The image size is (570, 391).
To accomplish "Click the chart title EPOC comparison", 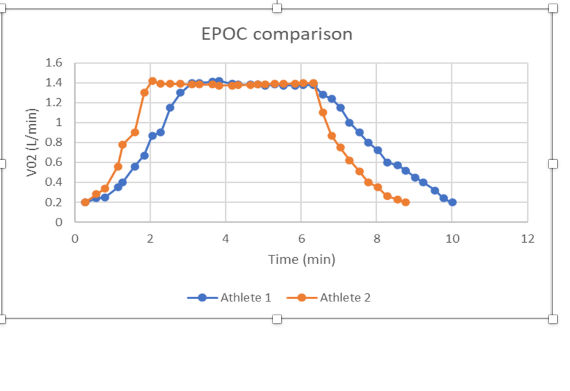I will pyautogui.click(x=277, y=34).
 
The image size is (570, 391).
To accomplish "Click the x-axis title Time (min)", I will pyautogui.click(x=302, y=259).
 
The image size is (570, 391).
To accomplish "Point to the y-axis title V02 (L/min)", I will pyautogui.click(x=32, y=142).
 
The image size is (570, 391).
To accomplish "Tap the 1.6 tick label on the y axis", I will pyautogui.click(x=54, y=62).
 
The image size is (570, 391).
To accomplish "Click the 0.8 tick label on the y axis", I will pyautogui.click(x=54, y=142).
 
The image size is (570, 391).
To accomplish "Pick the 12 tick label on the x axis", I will pyautogui.click(x=527, y=239).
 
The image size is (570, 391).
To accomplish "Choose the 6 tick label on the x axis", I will pyautogui.click(x=301, y=239).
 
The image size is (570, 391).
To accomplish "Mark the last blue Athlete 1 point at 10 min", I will pyautogui.click(x=452, y=202).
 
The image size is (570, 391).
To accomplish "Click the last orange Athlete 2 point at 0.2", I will pyautogui.click(x=406, y=202).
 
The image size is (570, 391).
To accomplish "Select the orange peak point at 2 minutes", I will pyautogui.click(x=152, y=81).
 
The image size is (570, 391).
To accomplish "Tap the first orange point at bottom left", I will pyautogui.click(x=85, y=202).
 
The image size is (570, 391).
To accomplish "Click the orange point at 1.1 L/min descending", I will pyautogui.click(x=323, y=113).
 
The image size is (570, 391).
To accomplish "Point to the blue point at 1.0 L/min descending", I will pyautogui.click(x=349, y=123).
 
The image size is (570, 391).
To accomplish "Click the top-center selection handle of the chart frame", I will pyautogui.click(x=277, y=8).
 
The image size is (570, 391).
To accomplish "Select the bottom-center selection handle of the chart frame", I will pyautogui.click(x=277, y=319).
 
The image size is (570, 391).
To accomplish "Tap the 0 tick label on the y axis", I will pyautogui.click(x=59, y=222).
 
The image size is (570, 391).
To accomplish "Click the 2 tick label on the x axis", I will pyautogui.click(x=150, y=239).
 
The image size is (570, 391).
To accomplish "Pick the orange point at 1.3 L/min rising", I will pyautogui.click(x=144, y=93).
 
